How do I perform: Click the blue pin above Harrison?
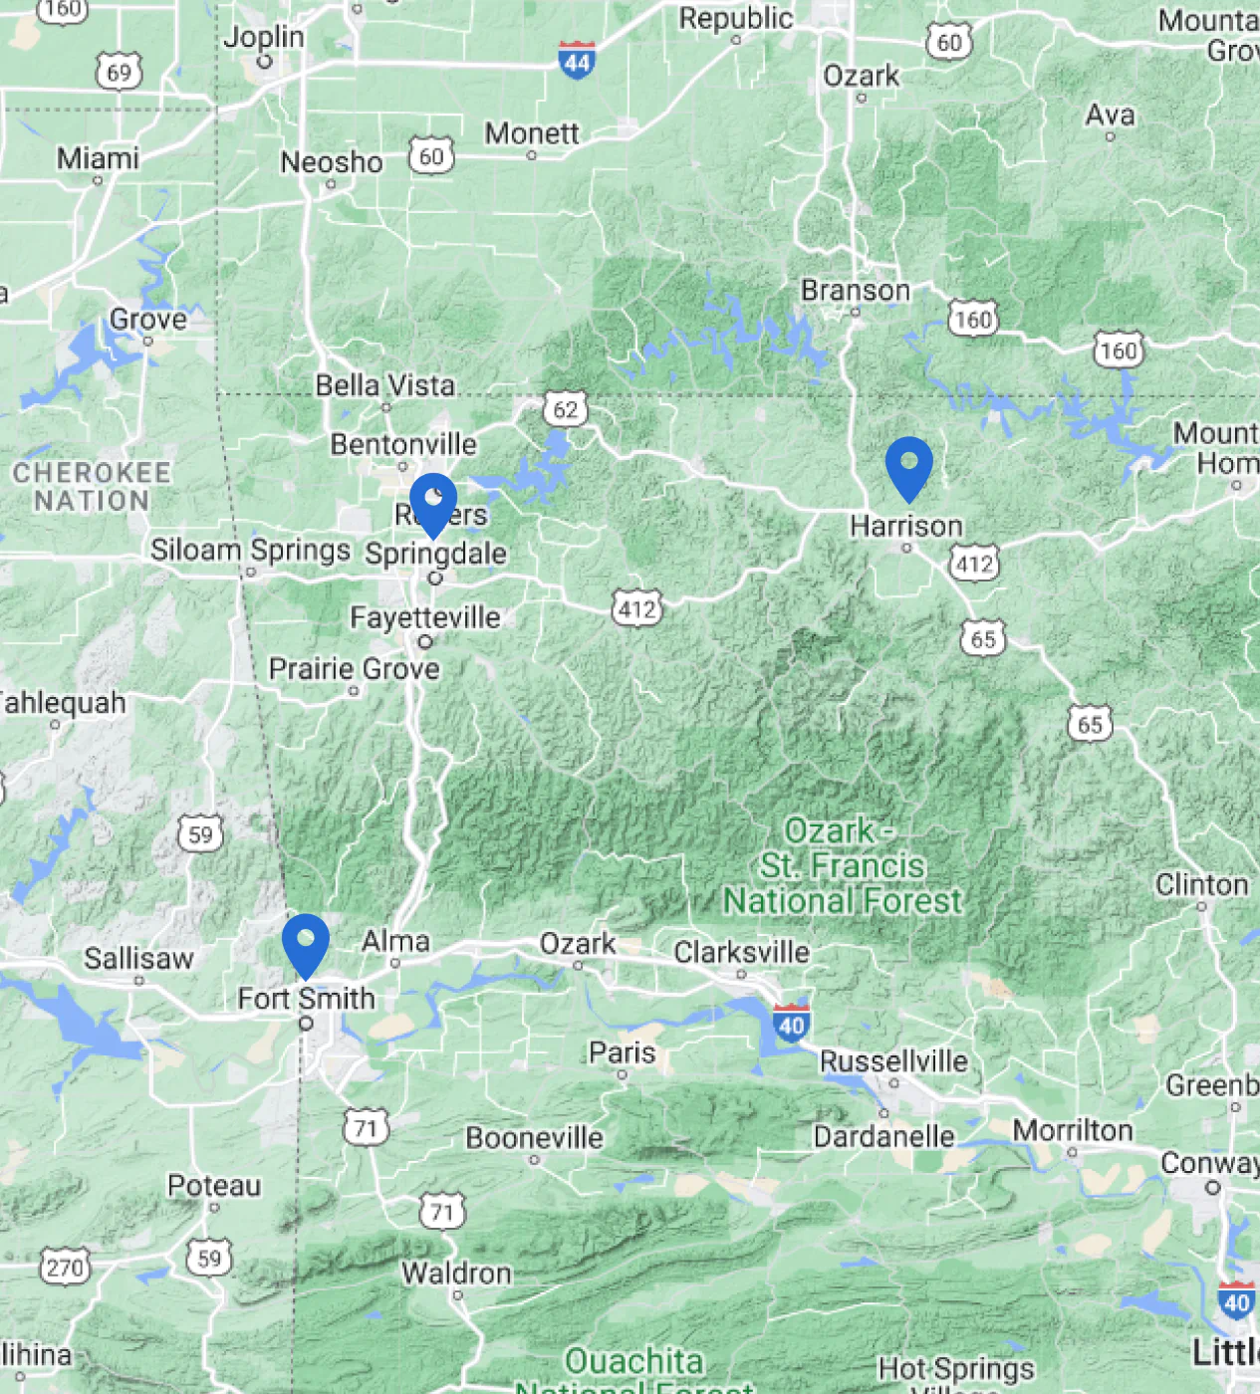click(908, 466)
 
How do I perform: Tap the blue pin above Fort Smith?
click(305, 943)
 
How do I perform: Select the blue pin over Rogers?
click(433, 502)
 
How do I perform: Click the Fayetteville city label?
click(424, 617)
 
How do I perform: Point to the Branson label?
click(855, 291)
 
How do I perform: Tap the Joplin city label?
click(263, 37)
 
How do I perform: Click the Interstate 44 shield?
click(577, 61)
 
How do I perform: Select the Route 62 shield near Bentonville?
click(565, 409)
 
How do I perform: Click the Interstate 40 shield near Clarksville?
click(791, 1025)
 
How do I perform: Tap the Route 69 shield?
click(119, 72)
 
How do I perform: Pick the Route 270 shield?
click(65, 1268)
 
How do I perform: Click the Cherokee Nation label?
click(92, 486)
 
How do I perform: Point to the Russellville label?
click(892, 1061)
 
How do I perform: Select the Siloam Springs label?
click(250, 550)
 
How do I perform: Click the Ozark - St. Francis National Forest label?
click(843, 865)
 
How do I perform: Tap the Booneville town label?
click(534, 1137)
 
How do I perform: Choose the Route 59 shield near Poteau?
click(209, 1258)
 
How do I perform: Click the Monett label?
click(532, 133)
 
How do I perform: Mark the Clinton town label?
click(1201, 884)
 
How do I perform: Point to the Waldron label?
click(456, 1273)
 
